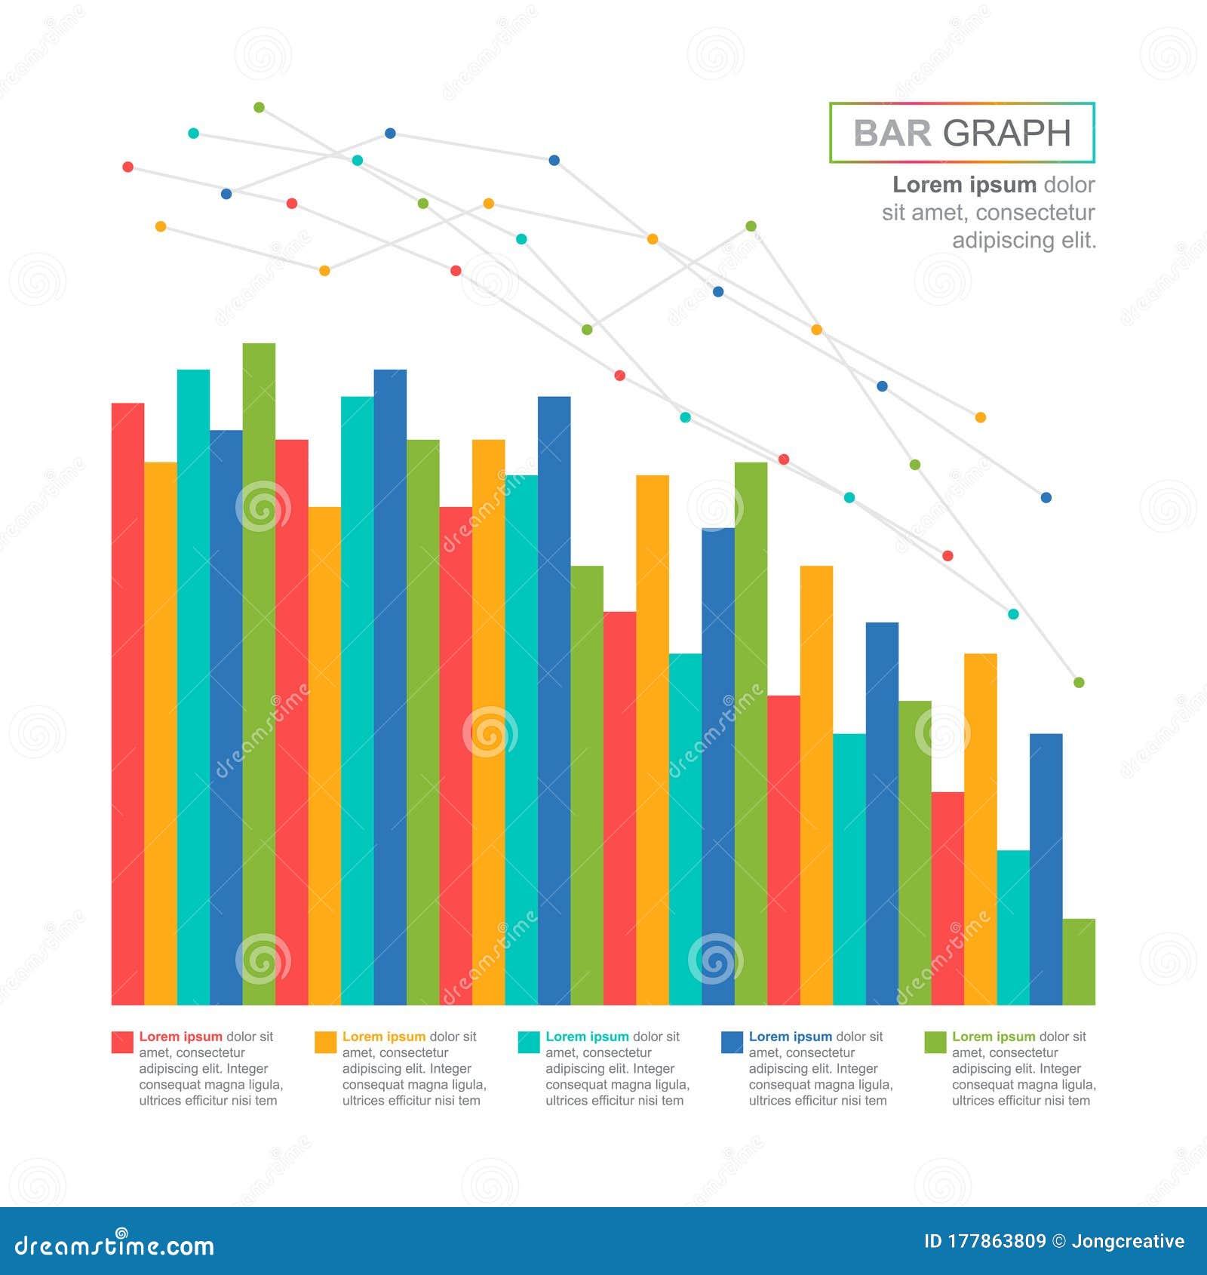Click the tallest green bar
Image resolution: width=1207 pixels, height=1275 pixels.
coord(259,671)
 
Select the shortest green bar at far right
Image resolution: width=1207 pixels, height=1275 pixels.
coord(1079,961)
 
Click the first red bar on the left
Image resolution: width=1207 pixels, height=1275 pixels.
coord(127,702)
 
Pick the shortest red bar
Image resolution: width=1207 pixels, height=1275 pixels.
coord(947,898)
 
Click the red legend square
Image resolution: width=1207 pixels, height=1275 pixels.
coord(122,1042)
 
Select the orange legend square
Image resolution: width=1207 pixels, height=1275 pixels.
coord(325,1042)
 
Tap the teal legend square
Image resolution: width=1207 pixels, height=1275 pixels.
coord(529,1042)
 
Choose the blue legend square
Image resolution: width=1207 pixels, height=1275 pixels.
coord(732,1042)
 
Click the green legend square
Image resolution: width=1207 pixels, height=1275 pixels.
coord(935,1042)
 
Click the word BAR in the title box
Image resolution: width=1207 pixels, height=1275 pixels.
coord(892,134)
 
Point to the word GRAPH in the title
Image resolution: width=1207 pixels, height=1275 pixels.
coord(1006,134)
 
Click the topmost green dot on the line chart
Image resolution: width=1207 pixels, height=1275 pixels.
coord(259,107)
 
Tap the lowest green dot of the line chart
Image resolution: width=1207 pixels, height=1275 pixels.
coord(1079,682)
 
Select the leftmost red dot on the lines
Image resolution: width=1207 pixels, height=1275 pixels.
coord(127,167)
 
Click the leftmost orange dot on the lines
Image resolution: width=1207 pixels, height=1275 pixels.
coord(160,226)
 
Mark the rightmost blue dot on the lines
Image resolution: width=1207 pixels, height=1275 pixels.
coord(1046,497)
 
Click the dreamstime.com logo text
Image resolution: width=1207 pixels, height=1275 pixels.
coord(115,1245)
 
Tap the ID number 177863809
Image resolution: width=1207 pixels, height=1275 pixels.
coord(996,1241)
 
